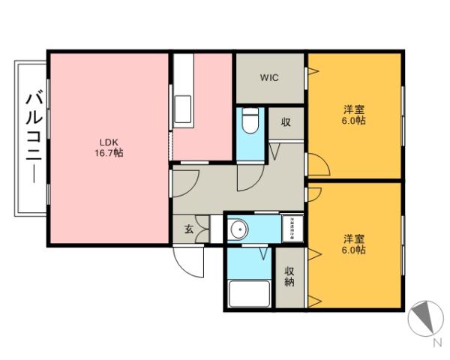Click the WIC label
click(x=269, y=77)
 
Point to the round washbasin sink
click(x=239, y=229)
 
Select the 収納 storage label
click(x=289, y=277)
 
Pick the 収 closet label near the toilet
click(x=286, y=123)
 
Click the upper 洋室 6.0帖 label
click(x=354, y=114)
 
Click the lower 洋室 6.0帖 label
click(x=354, y=244)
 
